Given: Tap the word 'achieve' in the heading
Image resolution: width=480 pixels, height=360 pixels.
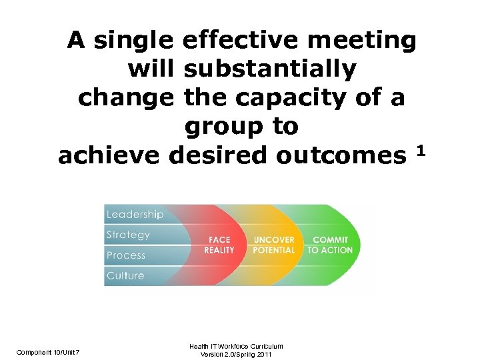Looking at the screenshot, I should [110, 155].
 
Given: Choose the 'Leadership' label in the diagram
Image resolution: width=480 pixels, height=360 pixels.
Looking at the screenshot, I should [135, 215].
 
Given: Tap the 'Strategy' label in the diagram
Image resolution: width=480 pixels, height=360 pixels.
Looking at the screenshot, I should [128, 235].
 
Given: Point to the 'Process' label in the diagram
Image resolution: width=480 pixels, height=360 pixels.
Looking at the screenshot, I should [126, 255].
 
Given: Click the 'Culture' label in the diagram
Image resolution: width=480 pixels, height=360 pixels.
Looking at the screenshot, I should [125, 275].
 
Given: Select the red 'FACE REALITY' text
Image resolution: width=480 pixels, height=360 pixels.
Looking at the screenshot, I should [219, 245].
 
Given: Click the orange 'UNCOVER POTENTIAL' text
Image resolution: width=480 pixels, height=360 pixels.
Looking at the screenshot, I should [273, 245].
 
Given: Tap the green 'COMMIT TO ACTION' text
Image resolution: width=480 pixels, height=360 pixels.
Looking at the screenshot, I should [330, 245].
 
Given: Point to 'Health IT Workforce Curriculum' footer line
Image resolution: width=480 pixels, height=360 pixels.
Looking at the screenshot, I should [237, 345].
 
